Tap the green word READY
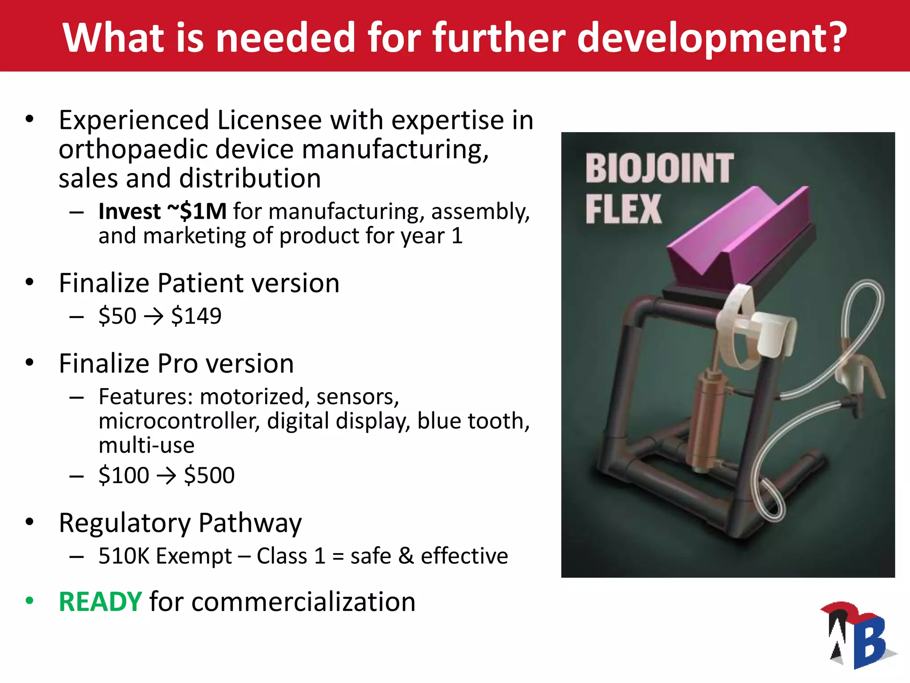click(x=100, y=602)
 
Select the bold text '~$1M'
click(x=197, y=211)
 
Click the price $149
click(x=196, y=316)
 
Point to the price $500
click(x=209, y=475)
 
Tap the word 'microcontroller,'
click(x=179, y=421)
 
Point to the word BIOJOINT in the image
click(x=659, y=169)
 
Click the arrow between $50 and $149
click(x=154, y=317)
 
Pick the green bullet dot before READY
click(x=30, y=601)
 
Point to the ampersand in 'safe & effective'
click(x=406, y=556)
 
